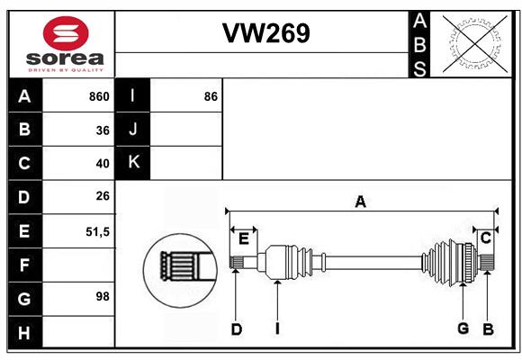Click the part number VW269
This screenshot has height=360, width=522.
266,33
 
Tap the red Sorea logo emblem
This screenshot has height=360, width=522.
66,33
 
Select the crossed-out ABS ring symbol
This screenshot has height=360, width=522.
475,44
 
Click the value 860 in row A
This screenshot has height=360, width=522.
99,96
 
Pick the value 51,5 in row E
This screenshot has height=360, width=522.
97,232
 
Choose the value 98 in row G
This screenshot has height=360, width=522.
103,296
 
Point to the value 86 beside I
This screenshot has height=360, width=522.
211,96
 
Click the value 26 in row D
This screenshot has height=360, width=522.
103,196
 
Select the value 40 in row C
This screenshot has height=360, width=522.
103,164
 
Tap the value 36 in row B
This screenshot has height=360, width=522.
103,130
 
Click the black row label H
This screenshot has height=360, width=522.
25,332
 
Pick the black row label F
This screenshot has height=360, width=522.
25,265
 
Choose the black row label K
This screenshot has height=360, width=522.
132,163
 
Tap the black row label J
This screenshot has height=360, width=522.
132,129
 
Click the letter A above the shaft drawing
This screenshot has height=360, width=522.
361,202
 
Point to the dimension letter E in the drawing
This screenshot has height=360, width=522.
244,238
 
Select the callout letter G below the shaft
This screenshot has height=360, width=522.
463,328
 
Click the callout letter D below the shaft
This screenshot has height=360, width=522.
237,329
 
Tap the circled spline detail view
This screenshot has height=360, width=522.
180,270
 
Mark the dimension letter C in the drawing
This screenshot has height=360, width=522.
486,238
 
